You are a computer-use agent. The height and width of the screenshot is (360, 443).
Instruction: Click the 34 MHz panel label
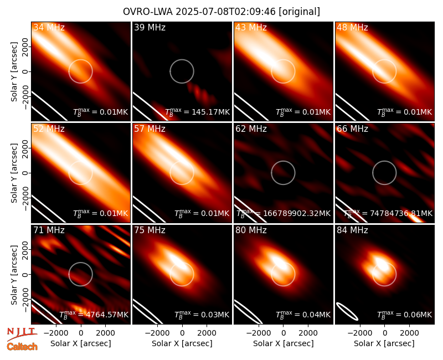point(49,27)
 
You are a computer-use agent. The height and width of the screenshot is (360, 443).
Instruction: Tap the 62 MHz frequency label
point(251,129)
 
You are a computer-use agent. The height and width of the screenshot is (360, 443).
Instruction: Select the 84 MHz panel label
point(352,230)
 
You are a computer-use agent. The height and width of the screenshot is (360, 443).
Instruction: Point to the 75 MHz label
point(150,230)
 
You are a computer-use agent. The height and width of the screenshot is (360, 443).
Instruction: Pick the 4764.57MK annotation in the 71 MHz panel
point(106,315)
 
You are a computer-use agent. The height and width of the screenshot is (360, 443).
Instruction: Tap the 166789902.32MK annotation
point(297,213)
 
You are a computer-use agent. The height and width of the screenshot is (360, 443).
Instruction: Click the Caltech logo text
point(22,347)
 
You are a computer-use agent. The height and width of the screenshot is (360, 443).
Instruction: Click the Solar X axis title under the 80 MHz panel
point(283,343)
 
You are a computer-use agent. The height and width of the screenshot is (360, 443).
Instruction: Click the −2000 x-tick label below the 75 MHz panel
point(156,333)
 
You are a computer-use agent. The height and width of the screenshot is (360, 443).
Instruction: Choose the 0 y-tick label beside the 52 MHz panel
point(25,173)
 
